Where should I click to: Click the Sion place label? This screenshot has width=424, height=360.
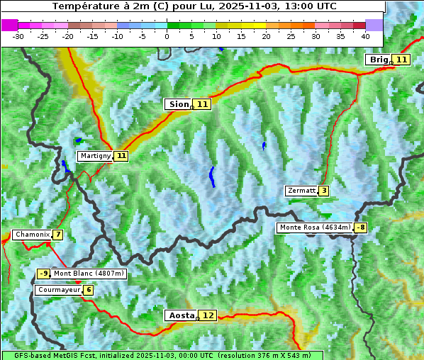[x=179, y=104]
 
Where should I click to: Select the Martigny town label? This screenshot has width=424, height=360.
[x=95, y=155]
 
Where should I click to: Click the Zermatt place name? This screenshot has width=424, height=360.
[x=301, y=191]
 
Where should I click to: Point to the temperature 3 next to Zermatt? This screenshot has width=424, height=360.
[x=324, y=191]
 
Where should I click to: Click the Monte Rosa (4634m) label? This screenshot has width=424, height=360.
[x=315, y=227]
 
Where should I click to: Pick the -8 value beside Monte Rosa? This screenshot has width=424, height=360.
[x=361, y=227]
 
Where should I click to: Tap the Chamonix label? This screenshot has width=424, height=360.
[x=31, y=235]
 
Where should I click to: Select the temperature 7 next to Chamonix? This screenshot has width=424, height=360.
[x=57, y=235]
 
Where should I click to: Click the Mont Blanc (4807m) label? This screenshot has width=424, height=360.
[x=89, y=274]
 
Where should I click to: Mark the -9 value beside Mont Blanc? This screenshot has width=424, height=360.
[x=44, y=274]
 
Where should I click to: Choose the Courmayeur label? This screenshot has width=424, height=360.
[x=58, y=290]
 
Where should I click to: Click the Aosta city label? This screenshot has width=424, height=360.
[x=180, y=315]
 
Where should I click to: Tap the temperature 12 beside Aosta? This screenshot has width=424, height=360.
[x=207, y=315]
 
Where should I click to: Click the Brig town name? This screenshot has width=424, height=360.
[x=379, y=60]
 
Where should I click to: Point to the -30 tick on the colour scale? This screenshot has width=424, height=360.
[x=18, y=35]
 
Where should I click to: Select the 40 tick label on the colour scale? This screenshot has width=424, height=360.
[x=365, y=35]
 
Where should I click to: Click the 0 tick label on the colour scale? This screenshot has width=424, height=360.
[x=167, y=35]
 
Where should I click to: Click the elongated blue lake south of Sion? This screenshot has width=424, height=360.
[x=211, y=176]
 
